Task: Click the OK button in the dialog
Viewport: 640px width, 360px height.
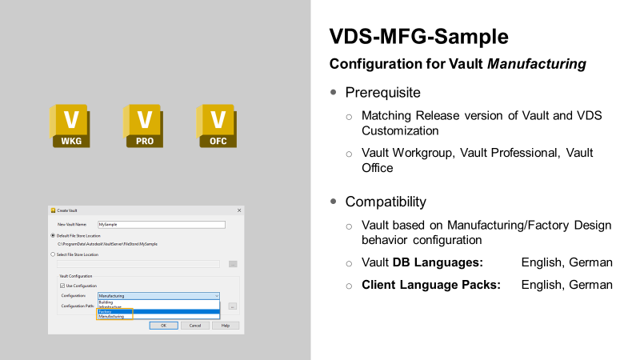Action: tap(163, 326)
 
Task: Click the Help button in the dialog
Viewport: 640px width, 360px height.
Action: tap(226, 326)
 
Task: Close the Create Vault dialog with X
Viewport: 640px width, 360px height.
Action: tap(239, 210)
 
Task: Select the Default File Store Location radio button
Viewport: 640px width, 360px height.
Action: tap(54, 235)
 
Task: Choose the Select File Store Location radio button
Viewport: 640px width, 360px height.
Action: tap(54, 254)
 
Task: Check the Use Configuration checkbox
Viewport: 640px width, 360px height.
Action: tap(63, 286)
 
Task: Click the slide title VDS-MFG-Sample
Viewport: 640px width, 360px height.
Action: tap(418, 37)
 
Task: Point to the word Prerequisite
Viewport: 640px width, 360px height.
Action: tap(382, 92)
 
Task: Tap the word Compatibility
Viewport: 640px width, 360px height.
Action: tap(386, 202)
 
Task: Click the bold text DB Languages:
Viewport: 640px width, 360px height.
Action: tap(438, 262)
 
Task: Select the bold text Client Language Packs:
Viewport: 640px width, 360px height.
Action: tap(431, 285)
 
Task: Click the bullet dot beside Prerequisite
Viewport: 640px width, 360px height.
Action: tap(334, 92)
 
